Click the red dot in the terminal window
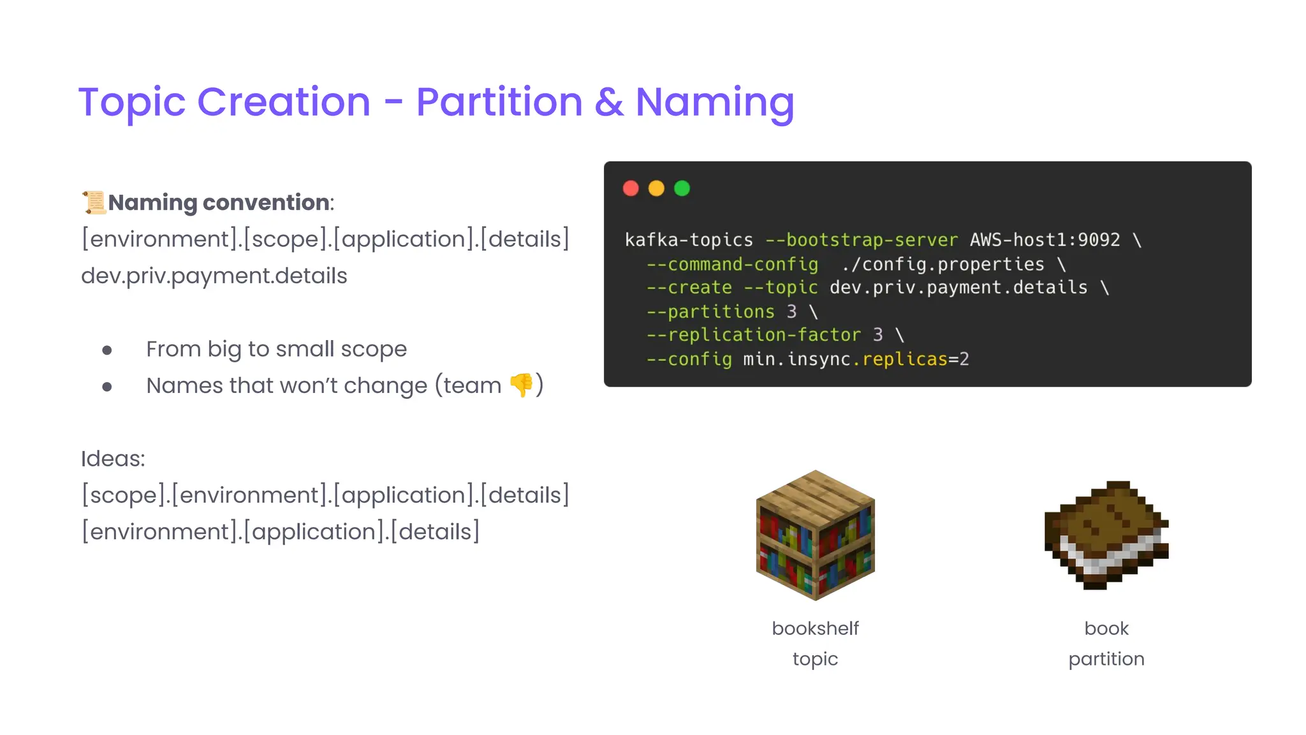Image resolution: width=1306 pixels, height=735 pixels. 631,188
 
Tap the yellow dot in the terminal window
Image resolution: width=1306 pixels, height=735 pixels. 656,188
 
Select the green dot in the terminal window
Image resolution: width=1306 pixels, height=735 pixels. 682,188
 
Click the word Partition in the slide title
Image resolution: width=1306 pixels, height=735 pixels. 499,102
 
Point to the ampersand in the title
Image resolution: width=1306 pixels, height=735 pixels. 609,102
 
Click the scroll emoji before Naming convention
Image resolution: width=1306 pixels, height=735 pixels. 94,202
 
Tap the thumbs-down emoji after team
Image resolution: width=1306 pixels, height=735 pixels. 521,385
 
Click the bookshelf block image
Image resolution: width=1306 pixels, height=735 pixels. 815,535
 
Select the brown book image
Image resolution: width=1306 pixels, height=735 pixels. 1106,535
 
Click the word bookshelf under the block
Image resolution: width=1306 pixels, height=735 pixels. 815,628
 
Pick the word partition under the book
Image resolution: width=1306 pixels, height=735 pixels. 1106,659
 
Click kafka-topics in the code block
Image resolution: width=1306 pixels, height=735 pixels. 689,240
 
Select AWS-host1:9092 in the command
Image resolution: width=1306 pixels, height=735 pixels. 1045,240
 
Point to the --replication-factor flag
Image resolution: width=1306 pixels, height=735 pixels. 754,335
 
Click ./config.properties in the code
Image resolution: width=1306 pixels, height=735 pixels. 943,264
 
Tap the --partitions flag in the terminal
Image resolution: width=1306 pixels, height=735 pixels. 710,311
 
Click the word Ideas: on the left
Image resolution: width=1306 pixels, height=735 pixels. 113,459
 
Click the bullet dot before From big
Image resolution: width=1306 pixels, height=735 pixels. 107,350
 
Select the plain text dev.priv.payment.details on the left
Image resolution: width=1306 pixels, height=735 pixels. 214,276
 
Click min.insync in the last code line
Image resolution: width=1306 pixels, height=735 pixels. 796,359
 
